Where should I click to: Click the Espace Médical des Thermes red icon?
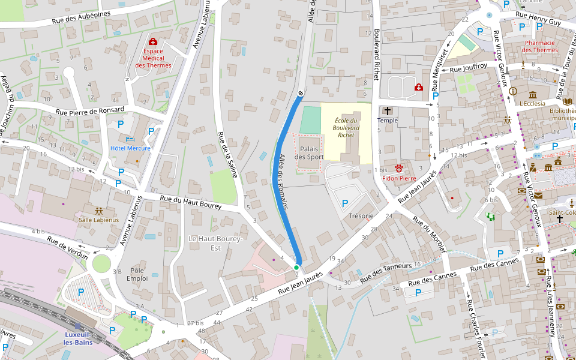(x=152, y=42)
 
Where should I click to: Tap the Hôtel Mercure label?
(x=130, y=148)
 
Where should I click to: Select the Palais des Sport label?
(x=309, y=152)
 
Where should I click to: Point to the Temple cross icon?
(x=388, y=110)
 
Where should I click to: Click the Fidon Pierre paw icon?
(x=398, y=169)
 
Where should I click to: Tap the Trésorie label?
(x=361, y=216)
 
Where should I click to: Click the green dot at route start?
(x=296, y=267)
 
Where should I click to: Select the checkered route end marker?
(x=301, y=92)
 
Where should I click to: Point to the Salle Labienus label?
(x=99, y=220)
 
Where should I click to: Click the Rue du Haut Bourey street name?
(x=191, y=202)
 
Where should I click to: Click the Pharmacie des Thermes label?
(x=540, y=46)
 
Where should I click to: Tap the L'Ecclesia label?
(x=532, y=103)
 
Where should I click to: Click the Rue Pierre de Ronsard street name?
(x=90, y=110)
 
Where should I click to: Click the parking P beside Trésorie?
(x=345, y=203)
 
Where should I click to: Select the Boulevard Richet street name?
(x=377, y=54)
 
